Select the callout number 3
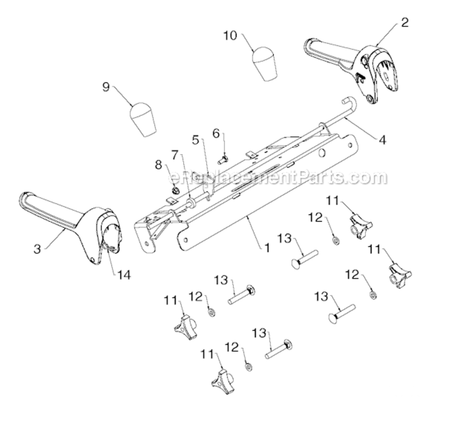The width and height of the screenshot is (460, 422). [x=37, y=249]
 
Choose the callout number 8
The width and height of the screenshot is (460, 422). [x=159, y=165]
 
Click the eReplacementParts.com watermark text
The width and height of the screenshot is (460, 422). [x=278, y=178]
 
